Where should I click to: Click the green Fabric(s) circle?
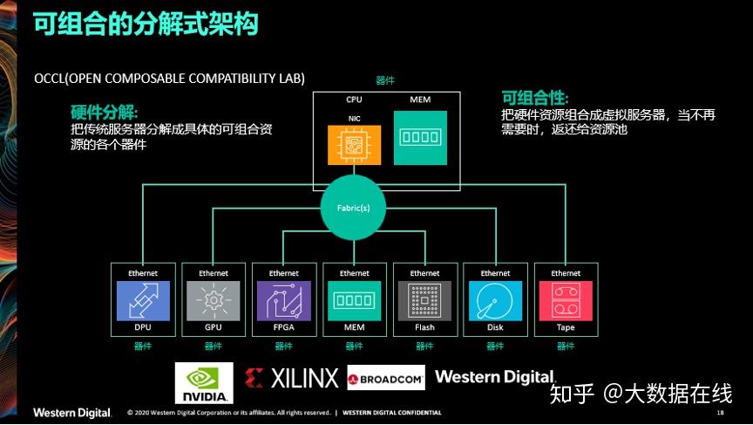click(x=354, y=207)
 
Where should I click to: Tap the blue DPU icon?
click(x=143, y=300)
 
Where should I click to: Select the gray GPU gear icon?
click(x=213, y=300)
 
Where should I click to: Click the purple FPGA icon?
click(x=283, y=300)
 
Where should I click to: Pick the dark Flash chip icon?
click(x=424, y=300)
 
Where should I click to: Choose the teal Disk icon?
click(x=495, y=300)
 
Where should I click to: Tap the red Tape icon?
click(x=566, y=300)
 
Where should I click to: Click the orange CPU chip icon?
click(x=354, y=144)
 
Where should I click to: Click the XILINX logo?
click(x=291, y=378)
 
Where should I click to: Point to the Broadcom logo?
click(x=385, y=379)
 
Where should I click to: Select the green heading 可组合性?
click(x=534, y=97)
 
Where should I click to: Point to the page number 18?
click(x=720, y=412)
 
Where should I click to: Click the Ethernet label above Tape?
click(x=566, y=273)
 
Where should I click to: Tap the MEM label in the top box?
click(x=420, y=100)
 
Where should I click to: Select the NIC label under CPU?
click(x=354, y=118)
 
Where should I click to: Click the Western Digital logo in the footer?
click(x=72, y=412)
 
